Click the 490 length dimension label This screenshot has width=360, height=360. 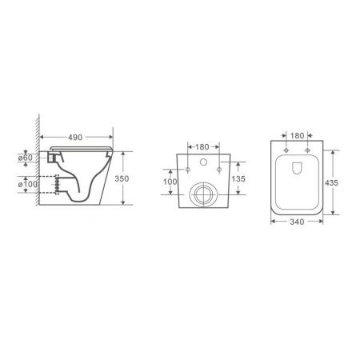pos(77,138)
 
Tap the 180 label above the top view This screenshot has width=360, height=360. pos(297,136)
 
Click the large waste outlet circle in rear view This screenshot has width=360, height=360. pos(204,194)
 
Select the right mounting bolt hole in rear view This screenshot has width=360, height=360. pos(218,170)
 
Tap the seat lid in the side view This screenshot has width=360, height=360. pos(80,150)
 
